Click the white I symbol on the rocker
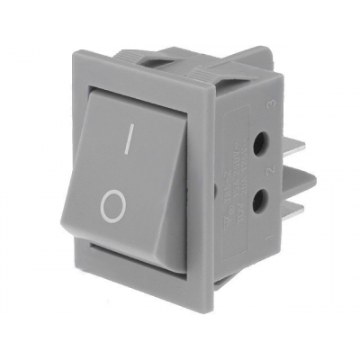pos(130,138)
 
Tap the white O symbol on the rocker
pos(112,208)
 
